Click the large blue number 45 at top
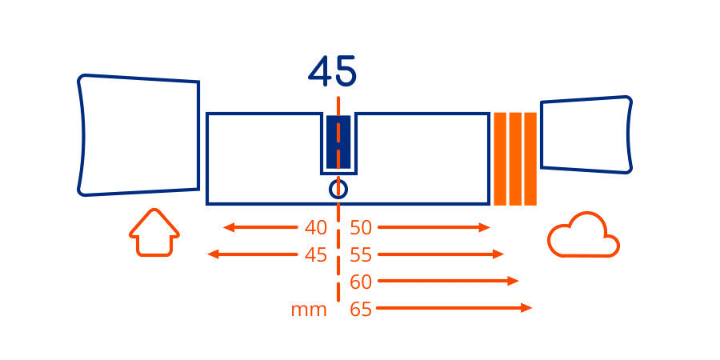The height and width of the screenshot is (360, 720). click(332, 71)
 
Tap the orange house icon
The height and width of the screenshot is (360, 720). click(154, 232)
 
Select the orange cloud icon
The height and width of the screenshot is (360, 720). click(584, 234)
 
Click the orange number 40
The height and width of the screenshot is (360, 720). click(315, 228)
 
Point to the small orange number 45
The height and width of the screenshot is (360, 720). click(315, 255)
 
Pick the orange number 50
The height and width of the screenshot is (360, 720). click(361, 228)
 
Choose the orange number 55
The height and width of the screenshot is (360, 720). click(361, 255)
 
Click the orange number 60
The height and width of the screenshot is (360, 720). click(361, 282)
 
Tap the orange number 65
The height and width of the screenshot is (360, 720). click(361, 309)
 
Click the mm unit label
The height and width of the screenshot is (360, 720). click(309, 310)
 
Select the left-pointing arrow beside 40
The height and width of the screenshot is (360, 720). click(260, 227)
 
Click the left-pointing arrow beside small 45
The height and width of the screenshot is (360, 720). click(253, 254)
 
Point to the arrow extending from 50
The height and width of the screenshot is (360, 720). click(434, 227)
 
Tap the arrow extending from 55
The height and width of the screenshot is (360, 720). click(441, 254)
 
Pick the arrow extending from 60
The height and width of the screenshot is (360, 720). click(448, 281)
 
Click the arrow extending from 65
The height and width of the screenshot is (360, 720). click(454, 308)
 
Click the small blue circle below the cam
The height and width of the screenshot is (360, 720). click(338, 189)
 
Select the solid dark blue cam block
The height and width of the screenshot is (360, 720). click(338, 142)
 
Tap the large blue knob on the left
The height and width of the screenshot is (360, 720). click(138, 135)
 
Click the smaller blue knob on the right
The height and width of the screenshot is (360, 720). click(586, 134)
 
